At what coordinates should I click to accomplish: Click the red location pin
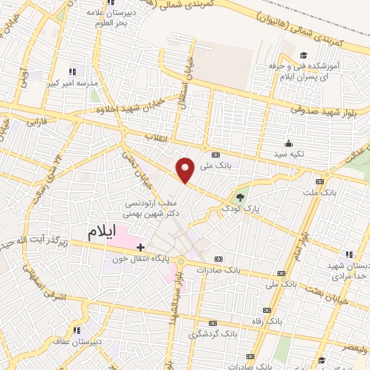click(x=186, y=170)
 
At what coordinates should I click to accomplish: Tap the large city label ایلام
click(x=102, y=232)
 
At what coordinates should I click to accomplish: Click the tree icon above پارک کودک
click(x=240, y=195)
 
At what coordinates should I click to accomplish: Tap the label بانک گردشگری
click(x=212, y=335)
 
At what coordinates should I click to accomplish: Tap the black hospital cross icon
click(x=140, y=247)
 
